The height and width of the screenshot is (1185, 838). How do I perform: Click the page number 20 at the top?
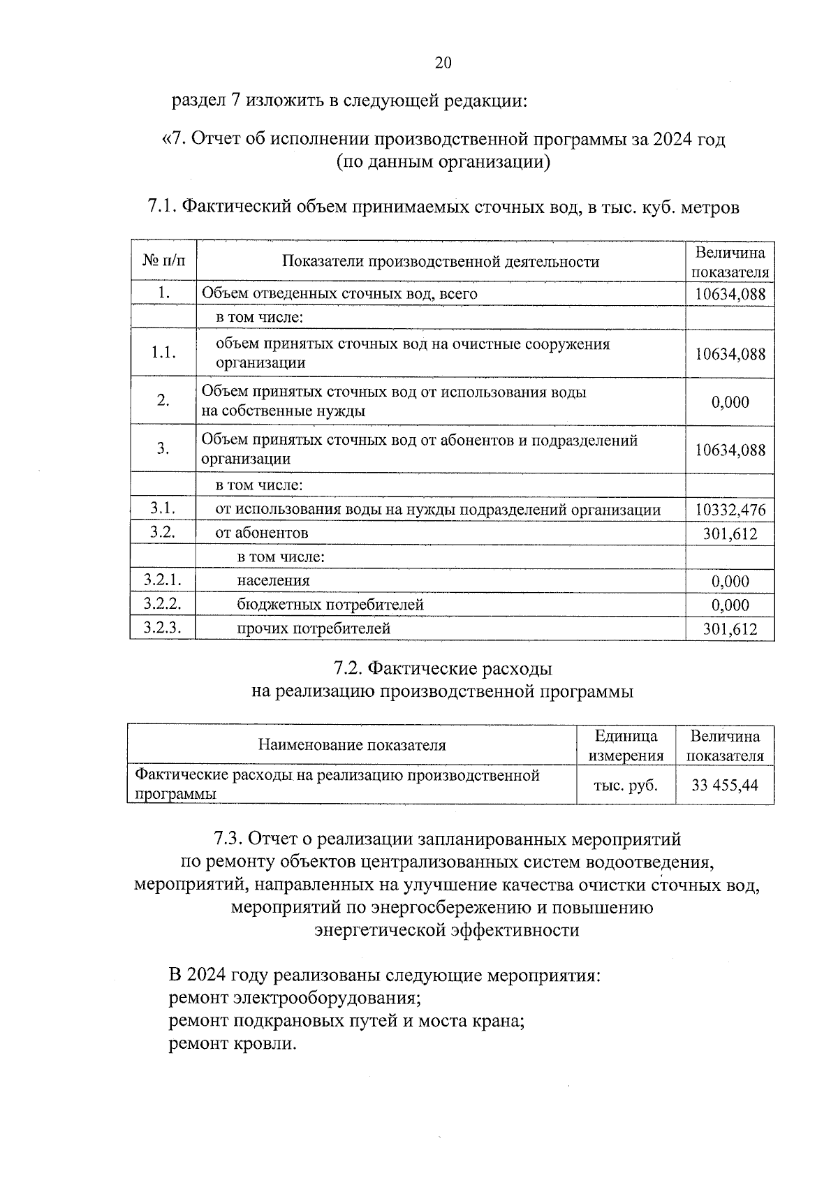coord(443,63)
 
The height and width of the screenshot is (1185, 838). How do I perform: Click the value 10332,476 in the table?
coord(730,510)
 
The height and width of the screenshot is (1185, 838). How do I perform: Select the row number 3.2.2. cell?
coord(162,604)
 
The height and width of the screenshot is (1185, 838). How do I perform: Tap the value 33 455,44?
coord(724,785)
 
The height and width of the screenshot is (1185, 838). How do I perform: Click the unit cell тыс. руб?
coord(626,785)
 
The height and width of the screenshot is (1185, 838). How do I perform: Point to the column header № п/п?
coord(164,261)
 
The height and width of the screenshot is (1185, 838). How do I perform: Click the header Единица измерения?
coord(626,746)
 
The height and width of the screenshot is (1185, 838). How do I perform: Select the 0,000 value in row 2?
coord(730,402)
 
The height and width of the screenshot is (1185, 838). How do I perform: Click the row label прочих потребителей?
coord(314,628)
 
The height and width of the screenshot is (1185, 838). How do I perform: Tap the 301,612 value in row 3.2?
coord(730,534)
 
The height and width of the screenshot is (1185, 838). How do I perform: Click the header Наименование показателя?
coord(352,745)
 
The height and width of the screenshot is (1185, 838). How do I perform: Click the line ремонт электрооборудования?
coord(295,998)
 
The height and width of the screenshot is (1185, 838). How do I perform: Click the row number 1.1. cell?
coord(163,353)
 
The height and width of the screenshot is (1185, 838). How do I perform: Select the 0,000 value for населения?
coord(730,581)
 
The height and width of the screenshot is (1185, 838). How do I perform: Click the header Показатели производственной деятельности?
coord(441,261)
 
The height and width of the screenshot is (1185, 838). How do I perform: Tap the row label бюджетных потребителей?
coord(330,604)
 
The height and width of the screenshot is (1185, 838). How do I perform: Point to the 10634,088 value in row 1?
coord(730,294)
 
